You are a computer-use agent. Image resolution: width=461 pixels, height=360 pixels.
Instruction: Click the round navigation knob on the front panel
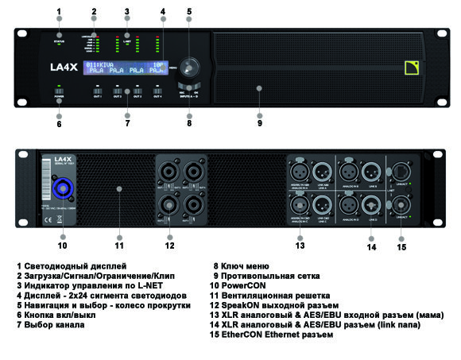click(x=189, y=67)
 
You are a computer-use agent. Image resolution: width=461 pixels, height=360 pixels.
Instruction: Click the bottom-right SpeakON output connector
click(x=192, y=206)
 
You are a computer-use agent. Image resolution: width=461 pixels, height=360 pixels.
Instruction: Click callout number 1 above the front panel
click(x=59, y=13)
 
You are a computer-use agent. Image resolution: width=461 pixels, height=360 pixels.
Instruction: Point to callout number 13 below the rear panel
click(x=300, y=246)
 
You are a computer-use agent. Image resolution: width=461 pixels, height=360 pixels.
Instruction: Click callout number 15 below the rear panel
click(x=401, y=247)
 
